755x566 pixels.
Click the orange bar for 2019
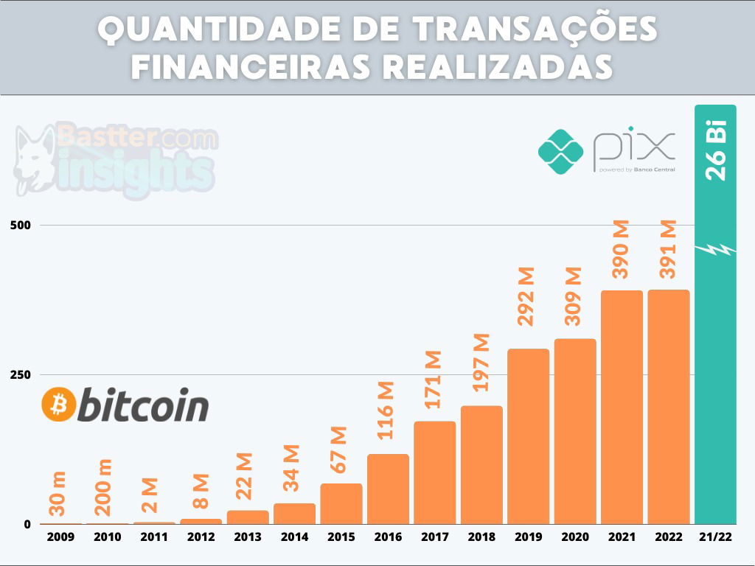(528, 436)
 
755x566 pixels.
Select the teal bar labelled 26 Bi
(715, 368)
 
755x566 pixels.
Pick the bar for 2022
(669, 406)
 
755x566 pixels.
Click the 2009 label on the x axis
(60, 537)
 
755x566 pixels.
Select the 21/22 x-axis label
(715, 537)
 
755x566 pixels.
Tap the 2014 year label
(294, 537)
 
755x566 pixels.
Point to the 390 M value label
(622, 248)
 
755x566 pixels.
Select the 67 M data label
(340, 450)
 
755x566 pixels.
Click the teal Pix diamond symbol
(560, 151)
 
